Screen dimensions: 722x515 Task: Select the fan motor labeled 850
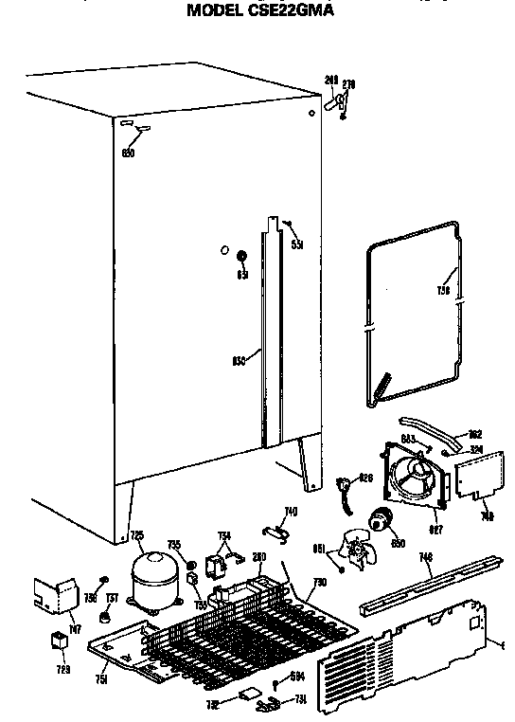click(382, 519)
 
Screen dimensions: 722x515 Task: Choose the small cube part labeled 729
click(59, 641)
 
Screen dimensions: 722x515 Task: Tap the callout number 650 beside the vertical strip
click(238, 360)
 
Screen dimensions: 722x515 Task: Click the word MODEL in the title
click(221, 11)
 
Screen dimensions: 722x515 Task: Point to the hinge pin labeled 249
click(335, 102)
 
